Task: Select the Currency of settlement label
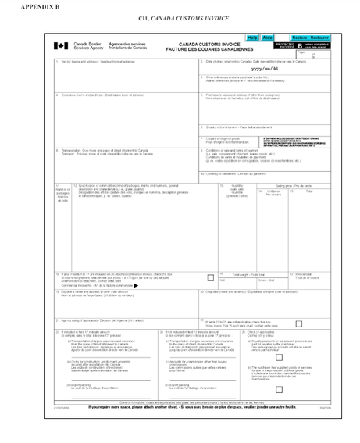coord(233,173)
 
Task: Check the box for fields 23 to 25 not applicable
coord(300,323)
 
